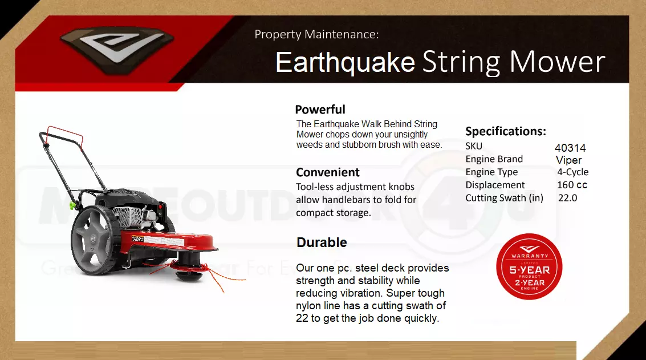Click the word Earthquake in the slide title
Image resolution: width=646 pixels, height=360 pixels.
click(346, 63)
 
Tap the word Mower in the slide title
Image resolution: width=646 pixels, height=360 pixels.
click(558, 62)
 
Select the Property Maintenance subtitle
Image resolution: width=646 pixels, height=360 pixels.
click(316, 34)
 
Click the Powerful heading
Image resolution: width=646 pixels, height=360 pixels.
click(320, 110)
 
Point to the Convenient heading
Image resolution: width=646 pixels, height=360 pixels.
click(327, 172)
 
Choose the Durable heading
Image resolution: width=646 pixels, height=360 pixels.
click(322, 242)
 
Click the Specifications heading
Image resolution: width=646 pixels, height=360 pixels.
click(506, 131)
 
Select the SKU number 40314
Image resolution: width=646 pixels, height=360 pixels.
click(570, 148)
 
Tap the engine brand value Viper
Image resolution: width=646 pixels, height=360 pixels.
click(568, 160)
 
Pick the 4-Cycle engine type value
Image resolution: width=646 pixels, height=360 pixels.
click(572, 172)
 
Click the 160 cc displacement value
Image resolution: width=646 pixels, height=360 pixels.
click(572, 185)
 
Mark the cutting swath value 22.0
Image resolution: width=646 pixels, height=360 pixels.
click(568, 198)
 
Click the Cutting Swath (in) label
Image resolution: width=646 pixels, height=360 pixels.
click(504, 198)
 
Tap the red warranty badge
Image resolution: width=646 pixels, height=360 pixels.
click(529, 266)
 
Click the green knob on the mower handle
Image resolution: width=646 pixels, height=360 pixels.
click(73, 205)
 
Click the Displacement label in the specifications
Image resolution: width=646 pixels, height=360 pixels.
click(495, 185)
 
